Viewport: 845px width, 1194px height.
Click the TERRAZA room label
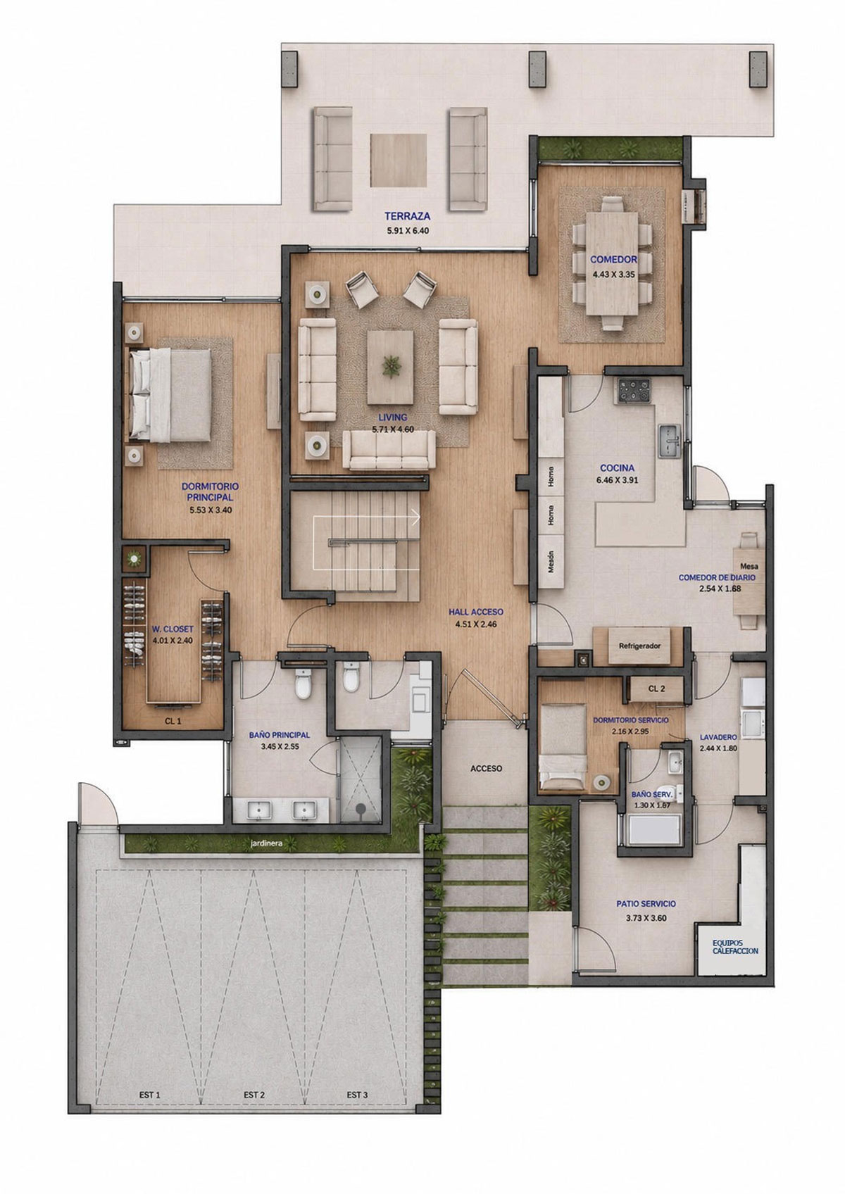pyautogui.click(x=407, y=216)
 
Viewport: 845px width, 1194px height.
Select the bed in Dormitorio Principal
pyautogui.click(x=170, y=394)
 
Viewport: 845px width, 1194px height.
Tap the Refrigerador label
pyautogui.click(x=640, y=646)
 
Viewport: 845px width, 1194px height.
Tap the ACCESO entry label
pyautogui.click(x=486, y=768)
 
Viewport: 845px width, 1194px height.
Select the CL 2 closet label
pyautogui.click(x=656, y=689)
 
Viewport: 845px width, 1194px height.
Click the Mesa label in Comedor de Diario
pyautogui.click(x=749, y=566)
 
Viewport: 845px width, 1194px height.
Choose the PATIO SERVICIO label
pyautogui.click(x=646, y=904)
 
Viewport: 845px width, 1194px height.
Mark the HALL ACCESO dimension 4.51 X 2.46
pyautogui.click(x=475, y=624)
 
